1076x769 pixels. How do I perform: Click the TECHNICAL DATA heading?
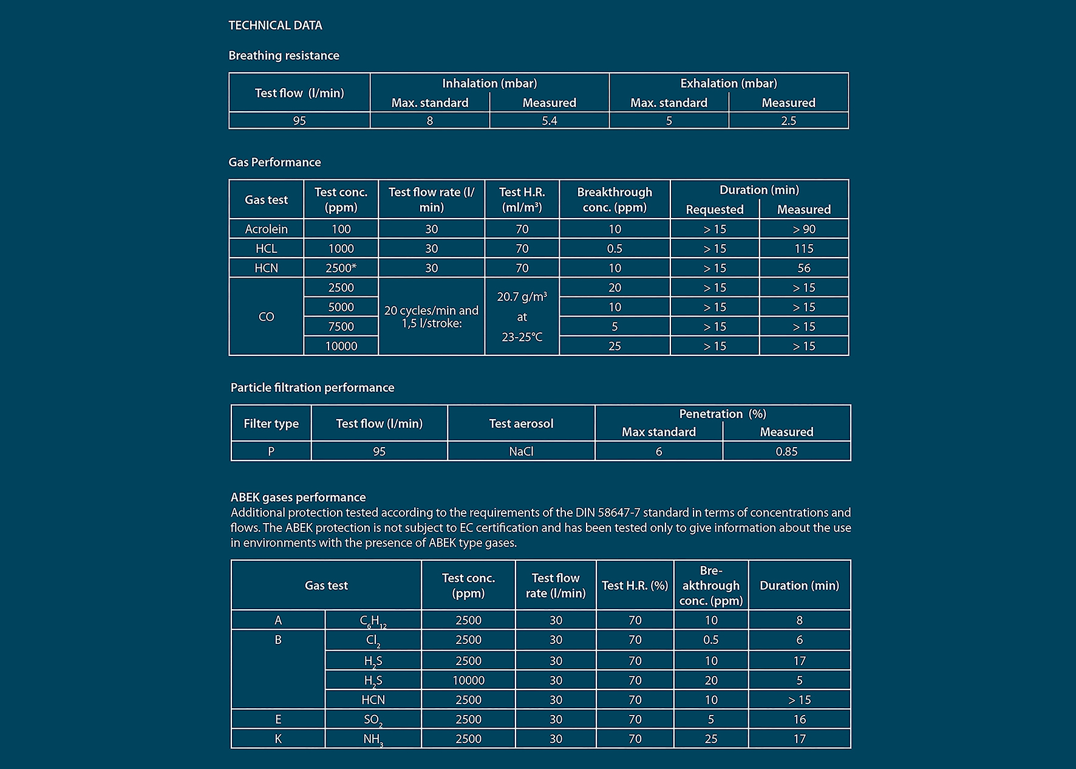[x=275, y=26]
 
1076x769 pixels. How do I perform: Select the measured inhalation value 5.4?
[x=549, y=121]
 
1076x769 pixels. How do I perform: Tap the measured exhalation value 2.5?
[x=788, y=121]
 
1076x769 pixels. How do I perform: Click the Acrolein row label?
[x=266, y=229]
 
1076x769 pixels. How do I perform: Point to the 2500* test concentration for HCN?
[x=341, y=268]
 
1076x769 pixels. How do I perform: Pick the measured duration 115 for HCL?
[x=803, y=248]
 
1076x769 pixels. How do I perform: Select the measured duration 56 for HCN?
[x=803, y=268]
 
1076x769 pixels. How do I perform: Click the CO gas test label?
[x=266, y=316]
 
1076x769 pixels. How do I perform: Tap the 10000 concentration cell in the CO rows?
[x=341, y=346]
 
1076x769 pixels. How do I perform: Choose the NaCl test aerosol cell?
[x=521, y=451]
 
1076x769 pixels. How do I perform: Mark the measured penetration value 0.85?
[x=786, y=451]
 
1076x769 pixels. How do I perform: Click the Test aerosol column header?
[x=521, y=423]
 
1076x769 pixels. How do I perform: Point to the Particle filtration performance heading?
[x=312, y=388]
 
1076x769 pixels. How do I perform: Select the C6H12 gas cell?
[x=373, y=621]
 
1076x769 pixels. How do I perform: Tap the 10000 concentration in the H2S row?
[x=468, y=680]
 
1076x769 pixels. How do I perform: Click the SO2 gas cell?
[x=373, y=720]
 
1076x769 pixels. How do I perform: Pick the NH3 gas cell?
[x=373, y=739]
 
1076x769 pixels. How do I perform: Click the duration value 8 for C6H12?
[x=799, y=620]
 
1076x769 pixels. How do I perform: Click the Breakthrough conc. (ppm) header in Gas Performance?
[x=615, y=199]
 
